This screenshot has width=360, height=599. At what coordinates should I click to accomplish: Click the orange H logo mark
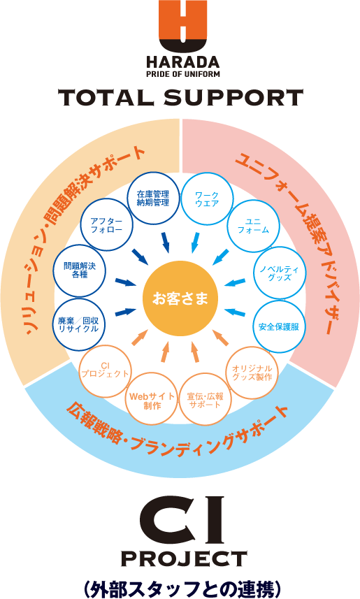[x=183, y=26]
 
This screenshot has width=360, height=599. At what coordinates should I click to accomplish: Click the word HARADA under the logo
[x=183, y=62]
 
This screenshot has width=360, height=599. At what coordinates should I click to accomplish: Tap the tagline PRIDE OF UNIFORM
[x=183, y=73]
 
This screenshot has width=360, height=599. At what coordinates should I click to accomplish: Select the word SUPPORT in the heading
[x=233, y=97]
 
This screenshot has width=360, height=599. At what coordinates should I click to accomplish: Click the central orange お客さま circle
[x=180, y=298]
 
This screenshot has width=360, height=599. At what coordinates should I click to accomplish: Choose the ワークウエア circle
[x=207, y=199]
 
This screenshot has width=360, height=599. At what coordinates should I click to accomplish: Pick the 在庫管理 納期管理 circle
[x=153, y=198]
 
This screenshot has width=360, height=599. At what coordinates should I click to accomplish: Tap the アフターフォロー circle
[x=107, y=224]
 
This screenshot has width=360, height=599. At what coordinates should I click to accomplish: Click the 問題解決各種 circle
[x=80, y=270]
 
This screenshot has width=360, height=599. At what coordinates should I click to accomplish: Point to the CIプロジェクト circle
[x=105, y=371]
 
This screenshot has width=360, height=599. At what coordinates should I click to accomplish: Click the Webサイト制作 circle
[x=152, y=400]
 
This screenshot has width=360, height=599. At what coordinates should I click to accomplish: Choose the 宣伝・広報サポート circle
[x=206, y=400]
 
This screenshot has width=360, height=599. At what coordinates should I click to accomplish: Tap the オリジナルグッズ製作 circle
[x=252, y=373]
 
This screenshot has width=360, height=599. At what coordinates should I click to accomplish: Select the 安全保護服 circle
[x=279, y=326]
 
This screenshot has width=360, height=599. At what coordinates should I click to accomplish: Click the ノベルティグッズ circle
[x=280, y=273]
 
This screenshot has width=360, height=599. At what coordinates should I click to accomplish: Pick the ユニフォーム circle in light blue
[x=253, y=226]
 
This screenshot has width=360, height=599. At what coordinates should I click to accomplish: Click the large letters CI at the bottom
[x=182, y=519]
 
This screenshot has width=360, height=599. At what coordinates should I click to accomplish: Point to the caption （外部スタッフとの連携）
[x=183, y=589]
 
